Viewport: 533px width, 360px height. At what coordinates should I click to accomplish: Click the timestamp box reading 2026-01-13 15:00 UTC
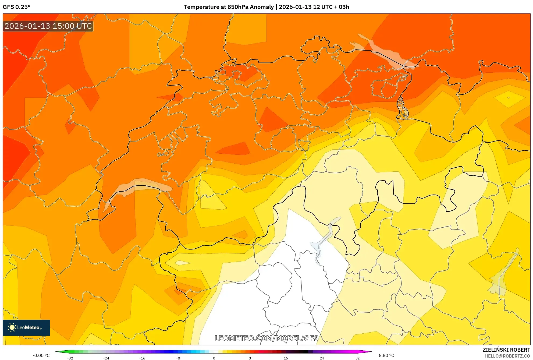[x=48, y=26]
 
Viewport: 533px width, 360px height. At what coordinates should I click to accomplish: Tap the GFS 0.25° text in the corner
[x=16, y=7]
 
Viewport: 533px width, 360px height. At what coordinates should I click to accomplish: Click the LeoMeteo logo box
[x=26, y=327]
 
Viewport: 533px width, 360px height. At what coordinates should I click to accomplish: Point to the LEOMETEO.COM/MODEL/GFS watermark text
[x=266, y=338]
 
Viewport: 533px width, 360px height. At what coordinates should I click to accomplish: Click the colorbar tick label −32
[x=70, y=358]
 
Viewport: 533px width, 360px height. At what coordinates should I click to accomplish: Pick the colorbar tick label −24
[x=106, y=358]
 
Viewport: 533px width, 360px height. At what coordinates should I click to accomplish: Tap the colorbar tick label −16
[x=142, y=358]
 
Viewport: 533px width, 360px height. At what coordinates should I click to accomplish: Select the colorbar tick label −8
[x=178, y=358]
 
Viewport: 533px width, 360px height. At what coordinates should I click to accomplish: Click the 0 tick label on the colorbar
[x=214, y=358]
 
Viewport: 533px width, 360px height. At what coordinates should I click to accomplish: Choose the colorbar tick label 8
[x=250, y=358]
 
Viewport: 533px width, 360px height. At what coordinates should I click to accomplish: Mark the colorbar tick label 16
[x=286, y=358]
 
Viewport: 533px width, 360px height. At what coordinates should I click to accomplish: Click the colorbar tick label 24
[x=322, y=358]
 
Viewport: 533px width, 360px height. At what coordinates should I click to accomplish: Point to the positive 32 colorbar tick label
[x=357, y=358]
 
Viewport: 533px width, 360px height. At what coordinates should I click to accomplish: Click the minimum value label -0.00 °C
[x=41, y=355]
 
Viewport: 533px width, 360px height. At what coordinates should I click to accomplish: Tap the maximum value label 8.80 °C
[x=386, y=355]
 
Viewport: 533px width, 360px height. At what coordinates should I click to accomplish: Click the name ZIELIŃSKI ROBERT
[x=506, y=350]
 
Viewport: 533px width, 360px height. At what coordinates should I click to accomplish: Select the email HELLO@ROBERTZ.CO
[x=507, y=356]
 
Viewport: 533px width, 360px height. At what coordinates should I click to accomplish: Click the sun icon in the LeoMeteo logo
[x=12, y=327]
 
